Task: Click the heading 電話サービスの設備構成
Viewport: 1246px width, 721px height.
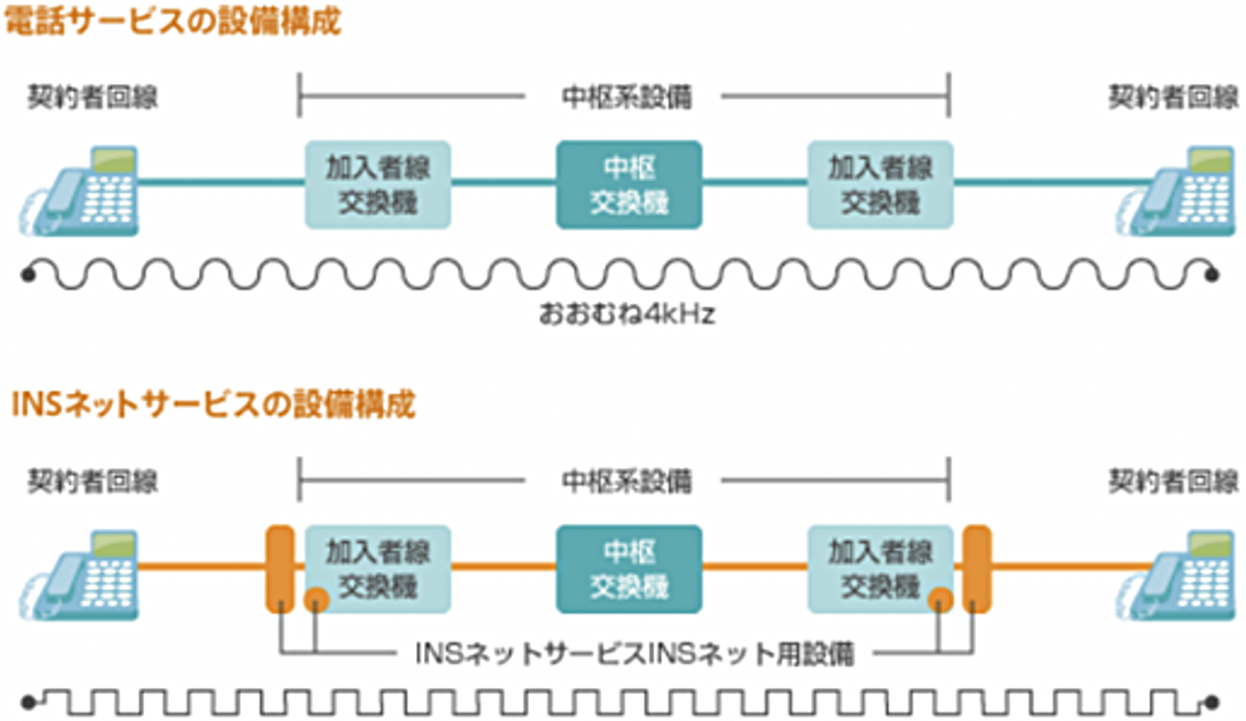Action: (x=173, y=22)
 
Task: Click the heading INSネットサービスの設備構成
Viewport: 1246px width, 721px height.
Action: (x=213, y=404)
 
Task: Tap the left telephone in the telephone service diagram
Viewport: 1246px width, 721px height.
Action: (x=80, y=191)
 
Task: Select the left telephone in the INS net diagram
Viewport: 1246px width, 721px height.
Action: (x=80, y=574)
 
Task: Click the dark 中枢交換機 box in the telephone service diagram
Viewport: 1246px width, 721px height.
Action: (x=628, y=184)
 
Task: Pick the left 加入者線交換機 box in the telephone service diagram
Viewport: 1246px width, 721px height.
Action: (x=378, y=184)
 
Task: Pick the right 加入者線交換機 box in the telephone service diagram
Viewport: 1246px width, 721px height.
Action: (x=879, y=184)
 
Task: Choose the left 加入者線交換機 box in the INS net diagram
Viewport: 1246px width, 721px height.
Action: (x=378, y=568)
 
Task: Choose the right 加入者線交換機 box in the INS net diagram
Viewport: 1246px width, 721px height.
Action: (x=879, y=568)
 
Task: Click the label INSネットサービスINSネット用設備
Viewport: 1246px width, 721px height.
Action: (x=634, y=653)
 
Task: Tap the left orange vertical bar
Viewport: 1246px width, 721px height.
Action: (x=279, y=568)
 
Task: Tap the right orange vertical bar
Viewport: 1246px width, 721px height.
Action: (x=977, y=568)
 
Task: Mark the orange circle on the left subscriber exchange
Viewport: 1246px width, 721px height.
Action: (x=316, y=600)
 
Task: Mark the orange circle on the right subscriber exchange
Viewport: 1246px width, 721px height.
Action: (x=940, y=600)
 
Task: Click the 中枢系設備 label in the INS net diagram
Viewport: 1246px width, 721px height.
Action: (x=626, y=480)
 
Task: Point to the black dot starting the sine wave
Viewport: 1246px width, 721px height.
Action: (x=29, y=272)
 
